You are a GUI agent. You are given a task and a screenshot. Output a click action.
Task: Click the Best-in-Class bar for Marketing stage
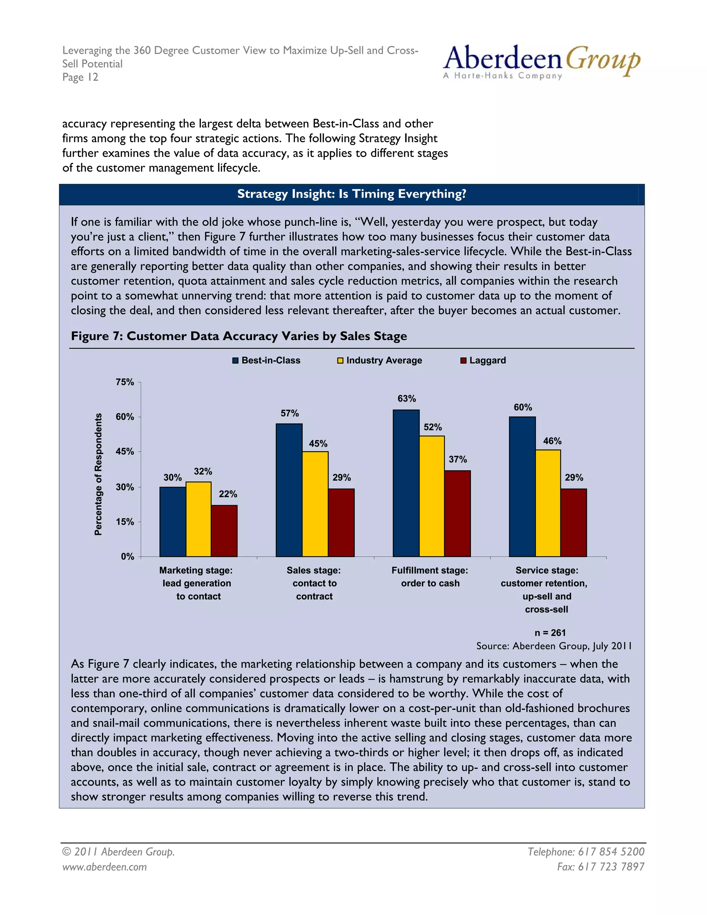click(173, 522)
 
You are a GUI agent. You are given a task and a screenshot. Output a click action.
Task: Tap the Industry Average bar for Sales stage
click(315, 504)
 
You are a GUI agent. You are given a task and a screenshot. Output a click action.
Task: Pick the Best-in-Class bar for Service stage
click(522, 487)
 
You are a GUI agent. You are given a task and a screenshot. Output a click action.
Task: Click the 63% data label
click(407, 398)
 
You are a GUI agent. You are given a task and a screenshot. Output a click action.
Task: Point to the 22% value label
click(228, 494)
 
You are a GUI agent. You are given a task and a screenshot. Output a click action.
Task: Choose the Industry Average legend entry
click(379, 360)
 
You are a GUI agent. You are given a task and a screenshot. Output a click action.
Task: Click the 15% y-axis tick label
click(125, 522)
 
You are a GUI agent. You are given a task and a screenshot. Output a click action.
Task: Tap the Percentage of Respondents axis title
click(98, 474)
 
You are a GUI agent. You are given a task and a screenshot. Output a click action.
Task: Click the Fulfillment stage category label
click(430, 577)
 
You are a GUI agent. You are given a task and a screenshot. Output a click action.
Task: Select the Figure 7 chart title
click(239, 336)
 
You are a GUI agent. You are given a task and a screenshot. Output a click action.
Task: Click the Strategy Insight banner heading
click(351, 194)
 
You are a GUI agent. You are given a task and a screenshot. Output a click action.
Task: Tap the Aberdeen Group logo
click(541, 62)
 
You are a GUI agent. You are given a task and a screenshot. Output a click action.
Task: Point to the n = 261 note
click(550, 633)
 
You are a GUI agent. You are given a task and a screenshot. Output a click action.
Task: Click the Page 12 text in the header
click(80, 77)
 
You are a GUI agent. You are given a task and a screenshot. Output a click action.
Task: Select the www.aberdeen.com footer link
click(104, 866)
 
